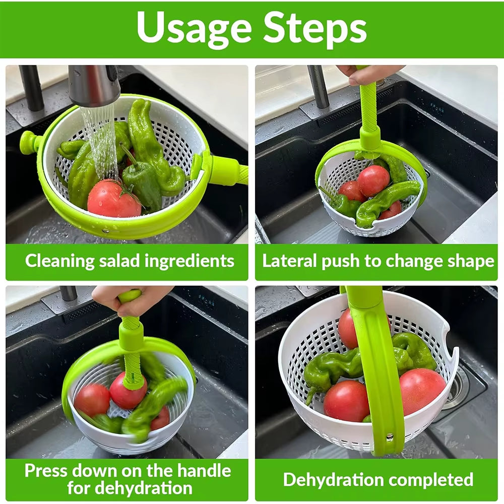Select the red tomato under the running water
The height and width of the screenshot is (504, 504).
113,199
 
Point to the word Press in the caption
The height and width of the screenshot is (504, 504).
46,471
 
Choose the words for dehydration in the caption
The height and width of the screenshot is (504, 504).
130,488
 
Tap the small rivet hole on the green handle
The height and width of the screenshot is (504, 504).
389,435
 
